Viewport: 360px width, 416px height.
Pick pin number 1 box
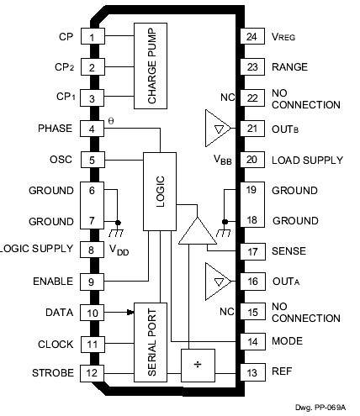click(x=92, y=38)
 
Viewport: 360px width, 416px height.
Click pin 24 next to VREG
click(x=250, y=38)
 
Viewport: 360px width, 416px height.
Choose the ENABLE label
click(x=53, y=281)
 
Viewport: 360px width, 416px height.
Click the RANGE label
click(x=289, y=67)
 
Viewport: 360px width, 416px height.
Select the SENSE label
click(x=289, y=250)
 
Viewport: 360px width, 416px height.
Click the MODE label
click(x=287, y=342)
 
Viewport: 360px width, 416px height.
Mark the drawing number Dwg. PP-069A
click(x=325, y=408)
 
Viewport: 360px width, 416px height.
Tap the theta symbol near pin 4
click(x=111, y=122)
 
